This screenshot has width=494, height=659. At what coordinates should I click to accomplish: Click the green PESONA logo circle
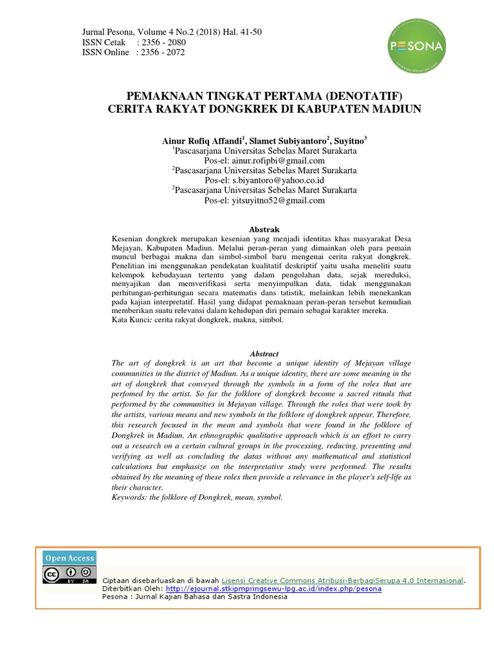click(x=416, y=46)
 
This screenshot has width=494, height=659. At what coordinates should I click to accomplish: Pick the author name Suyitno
click(x=350, y=140)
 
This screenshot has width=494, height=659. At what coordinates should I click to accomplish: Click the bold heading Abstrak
click(x=264, y=229)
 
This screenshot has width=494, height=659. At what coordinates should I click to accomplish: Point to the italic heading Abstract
click(x=264, y=353)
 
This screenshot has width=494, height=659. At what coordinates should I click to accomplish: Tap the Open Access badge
click(x=69, y=558)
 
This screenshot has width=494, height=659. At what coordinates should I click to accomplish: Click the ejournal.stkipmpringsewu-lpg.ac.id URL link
click(x=273, y=588)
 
